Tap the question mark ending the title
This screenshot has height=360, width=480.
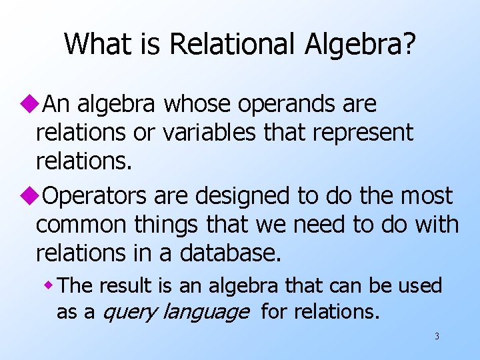coord(408,45)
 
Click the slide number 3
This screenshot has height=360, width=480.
coord(437,336)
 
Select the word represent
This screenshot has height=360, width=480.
coord(369,134)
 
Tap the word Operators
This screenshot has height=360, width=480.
coord(95,197)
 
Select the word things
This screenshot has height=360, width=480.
coord(163,225)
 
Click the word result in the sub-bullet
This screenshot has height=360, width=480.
coord(127,286)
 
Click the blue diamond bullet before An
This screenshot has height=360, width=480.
coord(28,105)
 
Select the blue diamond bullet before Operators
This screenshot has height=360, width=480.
coord(28,197)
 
